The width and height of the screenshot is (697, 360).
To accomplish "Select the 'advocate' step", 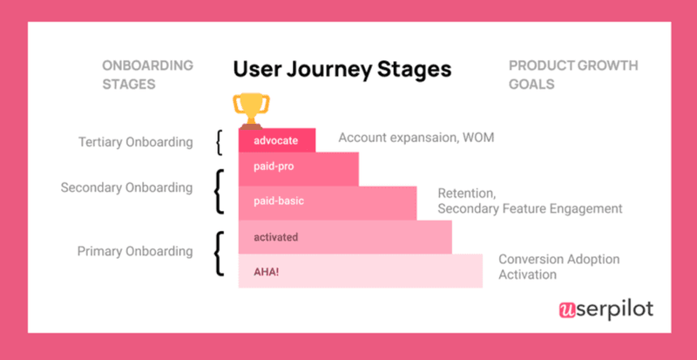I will (276, 139).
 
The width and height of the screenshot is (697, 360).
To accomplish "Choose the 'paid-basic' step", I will (335, 201).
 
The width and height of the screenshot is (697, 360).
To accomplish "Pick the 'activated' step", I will (345, 236).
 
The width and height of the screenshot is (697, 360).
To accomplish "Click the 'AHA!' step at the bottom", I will (360, 271).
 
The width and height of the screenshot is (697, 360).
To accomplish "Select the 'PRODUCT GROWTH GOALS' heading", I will (572, 75).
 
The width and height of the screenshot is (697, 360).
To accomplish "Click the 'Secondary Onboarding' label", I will (126, 187).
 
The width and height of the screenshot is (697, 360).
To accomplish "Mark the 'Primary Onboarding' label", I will (135, 251).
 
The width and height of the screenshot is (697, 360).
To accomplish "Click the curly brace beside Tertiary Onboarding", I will (220, 142).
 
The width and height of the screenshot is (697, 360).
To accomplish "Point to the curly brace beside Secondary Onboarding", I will (218, 192).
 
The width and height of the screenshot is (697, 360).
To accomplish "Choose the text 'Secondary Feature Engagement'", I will (530, 209).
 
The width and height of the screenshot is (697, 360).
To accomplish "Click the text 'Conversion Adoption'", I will (559, 259).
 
